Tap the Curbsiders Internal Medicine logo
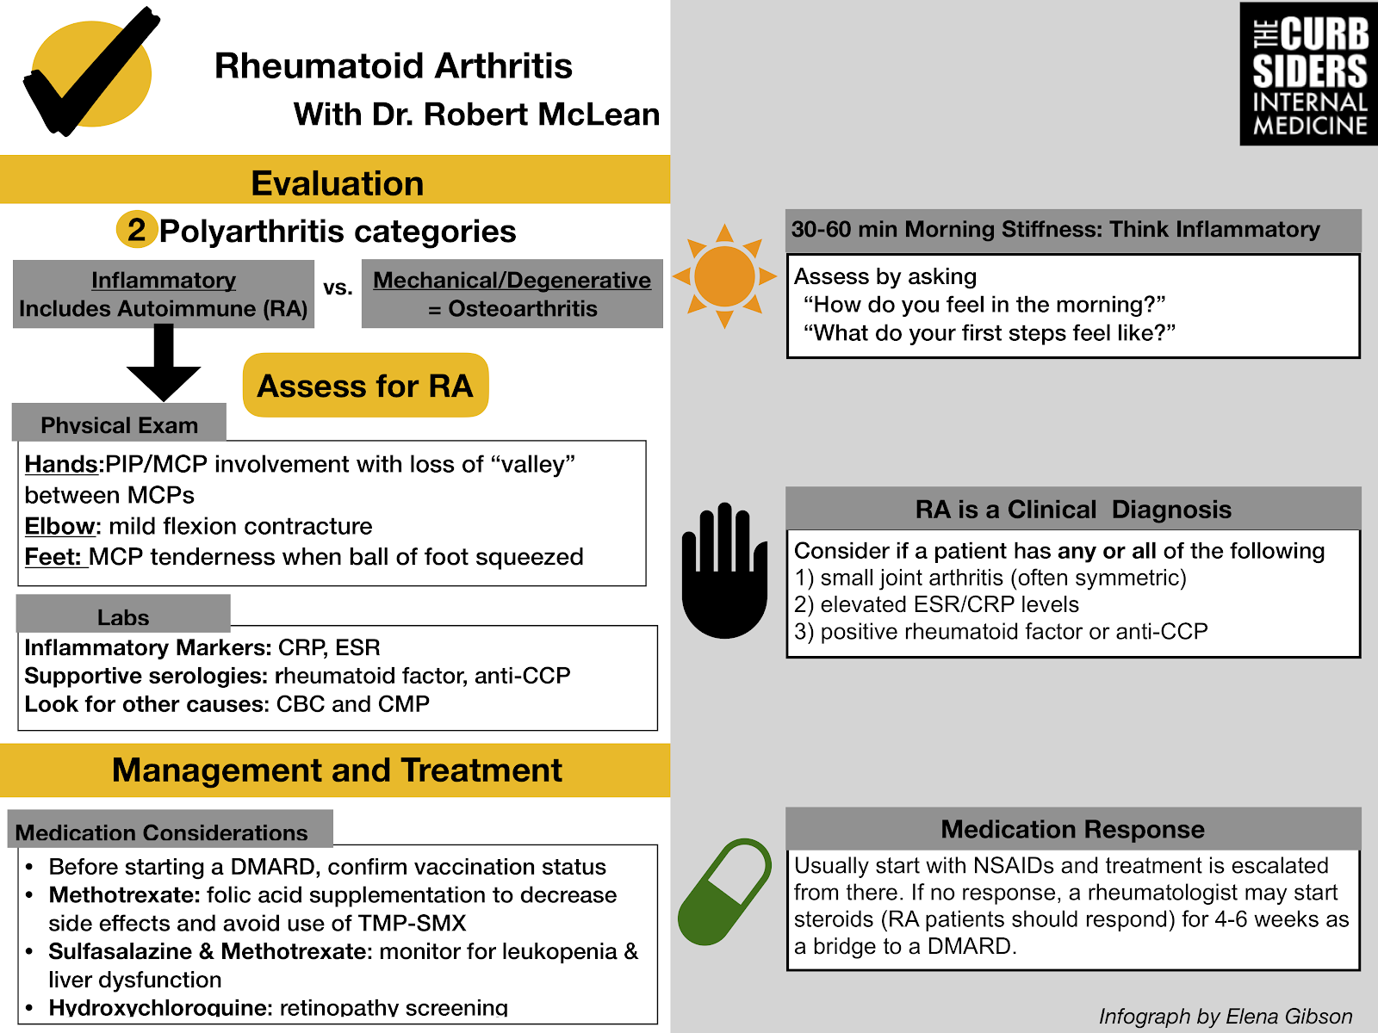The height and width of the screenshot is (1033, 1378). pyautogui.click(x=1308, y=74)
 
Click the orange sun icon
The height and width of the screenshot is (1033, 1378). pyautogui.click(x=724, y=276)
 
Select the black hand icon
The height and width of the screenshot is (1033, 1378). pyautogui.click(x=724, y=571)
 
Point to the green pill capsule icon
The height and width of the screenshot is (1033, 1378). pyautogui.click(x=724, y=892)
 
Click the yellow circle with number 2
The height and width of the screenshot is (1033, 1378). pyautogui.click(x=136, y=229)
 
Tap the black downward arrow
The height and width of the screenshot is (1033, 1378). pyautogui.click(x=164, y=362)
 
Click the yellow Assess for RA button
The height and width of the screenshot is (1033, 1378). pyautogui.click(x=365, y=386)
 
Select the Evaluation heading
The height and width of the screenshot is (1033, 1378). pyautogui.click(x=337, y=183)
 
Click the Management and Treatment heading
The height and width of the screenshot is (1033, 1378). pyautogui.click(x=337, y=770)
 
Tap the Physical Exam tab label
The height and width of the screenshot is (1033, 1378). pyautogui.click(x=119, y=424)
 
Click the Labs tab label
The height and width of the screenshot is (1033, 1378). pyautogui.click(x=123, y=616)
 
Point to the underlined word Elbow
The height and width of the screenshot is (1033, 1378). pyautogui.click(x=59, y=526)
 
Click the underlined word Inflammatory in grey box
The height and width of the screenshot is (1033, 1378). pyautogui.click(x=164, y=280)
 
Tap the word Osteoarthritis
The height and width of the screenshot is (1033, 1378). pyautogui.click(x=523, y=308)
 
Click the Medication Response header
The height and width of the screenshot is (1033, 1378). pyautogui.click(x=1072, y=829)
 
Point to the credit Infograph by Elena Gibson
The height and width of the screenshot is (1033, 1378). pyautogui.click(x=1225, y=1017)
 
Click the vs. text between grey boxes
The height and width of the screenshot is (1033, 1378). pyautogui.click(x=338, y=288)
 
